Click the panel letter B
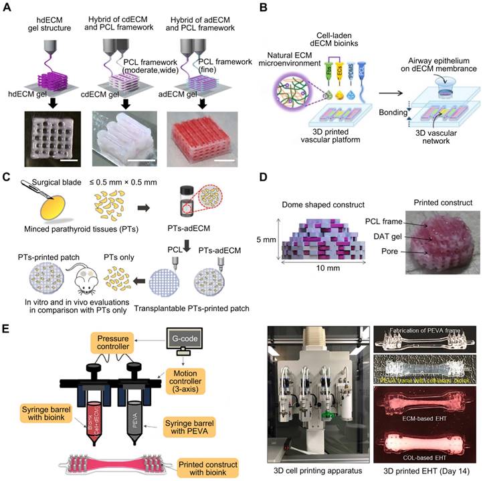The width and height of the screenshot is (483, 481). tap(262, 9)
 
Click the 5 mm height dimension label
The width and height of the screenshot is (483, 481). tap(266, 237)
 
